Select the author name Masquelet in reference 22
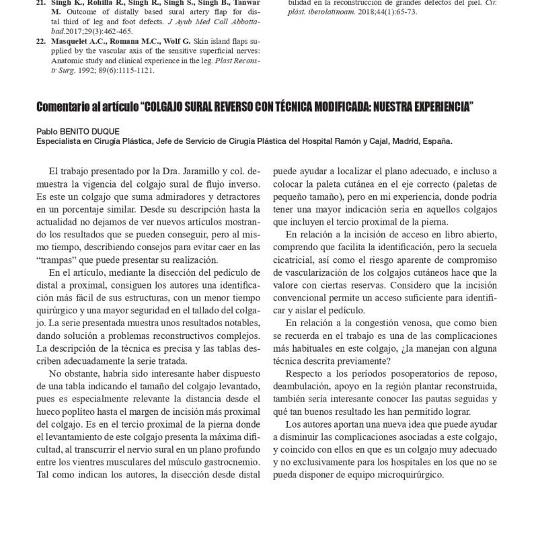pos(74,42)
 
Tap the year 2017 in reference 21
pos(74,31)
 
